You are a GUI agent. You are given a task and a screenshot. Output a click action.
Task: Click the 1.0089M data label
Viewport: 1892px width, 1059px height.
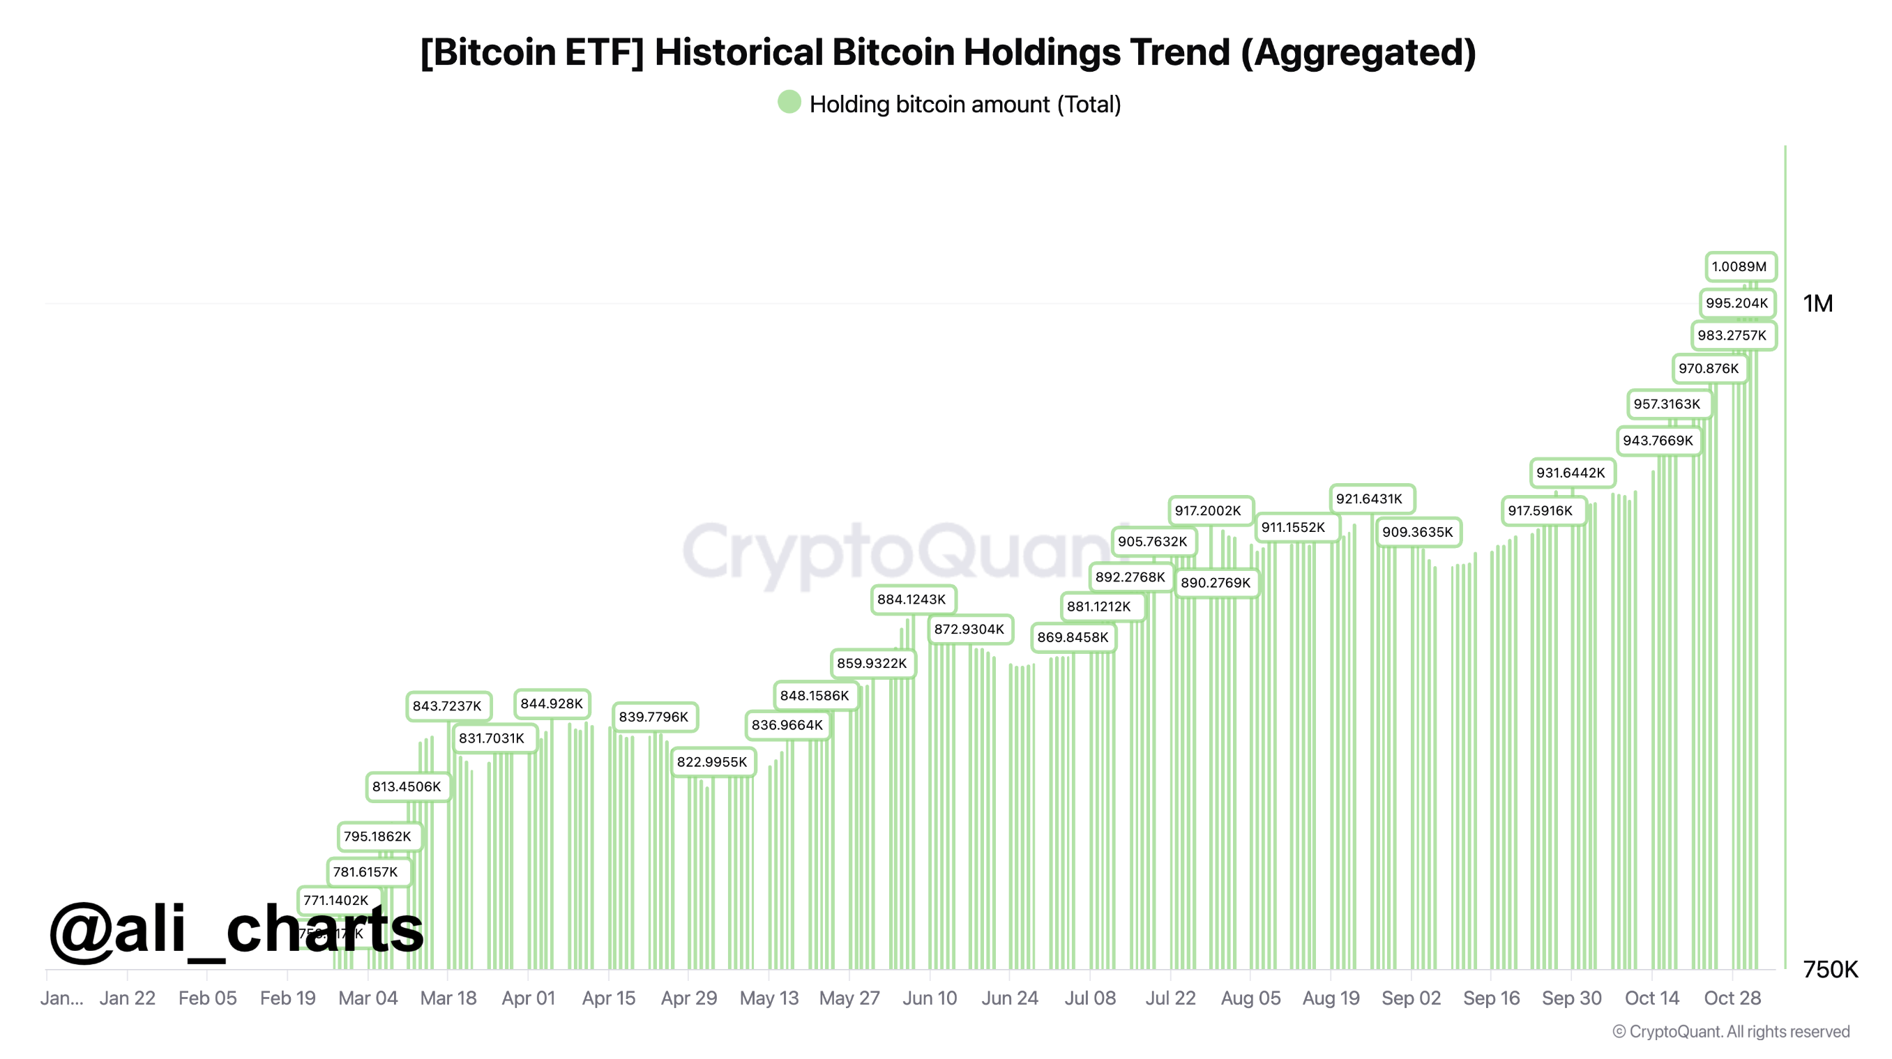(1739, 266)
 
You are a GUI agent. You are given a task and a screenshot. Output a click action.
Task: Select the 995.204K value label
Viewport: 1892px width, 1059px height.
(1736, 303)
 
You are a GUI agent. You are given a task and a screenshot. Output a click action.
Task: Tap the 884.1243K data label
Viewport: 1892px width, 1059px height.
(911, 600)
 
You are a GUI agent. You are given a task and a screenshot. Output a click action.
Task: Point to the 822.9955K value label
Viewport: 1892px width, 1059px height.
(712, 761)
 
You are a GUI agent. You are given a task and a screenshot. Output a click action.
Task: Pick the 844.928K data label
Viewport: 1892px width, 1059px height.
(552, 703)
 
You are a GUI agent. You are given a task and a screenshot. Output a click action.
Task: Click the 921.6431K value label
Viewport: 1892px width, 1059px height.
(1369, 498)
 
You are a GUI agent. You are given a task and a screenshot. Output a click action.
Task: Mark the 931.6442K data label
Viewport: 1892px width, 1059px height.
(1571, 473)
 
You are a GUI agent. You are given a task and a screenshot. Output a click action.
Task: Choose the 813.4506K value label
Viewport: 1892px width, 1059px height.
(407, 786)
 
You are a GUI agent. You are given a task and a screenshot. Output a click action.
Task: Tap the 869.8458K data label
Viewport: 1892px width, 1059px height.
(1073, 637)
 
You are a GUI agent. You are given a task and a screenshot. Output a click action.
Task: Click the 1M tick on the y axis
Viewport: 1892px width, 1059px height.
(1818, 303)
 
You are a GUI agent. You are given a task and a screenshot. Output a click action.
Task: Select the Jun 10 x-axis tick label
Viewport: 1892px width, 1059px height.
(929, 998)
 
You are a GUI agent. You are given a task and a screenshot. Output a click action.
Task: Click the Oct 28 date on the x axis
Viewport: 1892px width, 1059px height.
(1732, 998)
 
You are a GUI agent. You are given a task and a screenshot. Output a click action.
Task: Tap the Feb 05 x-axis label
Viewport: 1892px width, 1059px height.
(207, 998)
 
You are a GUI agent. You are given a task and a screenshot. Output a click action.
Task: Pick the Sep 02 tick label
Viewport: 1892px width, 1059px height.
(1411, 998)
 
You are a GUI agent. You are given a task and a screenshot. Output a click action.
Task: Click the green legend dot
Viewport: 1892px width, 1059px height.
(789, 102)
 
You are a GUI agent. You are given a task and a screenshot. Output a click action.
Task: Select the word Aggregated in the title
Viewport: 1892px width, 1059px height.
(1357, 52)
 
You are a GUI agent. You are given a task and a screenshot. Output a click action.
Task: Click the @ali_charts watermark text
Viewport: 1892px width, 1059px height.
(236, 930)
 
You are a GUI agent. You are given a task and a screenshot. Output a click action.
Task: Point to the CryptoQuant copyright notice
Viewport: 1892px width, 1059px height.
(1731, 1032)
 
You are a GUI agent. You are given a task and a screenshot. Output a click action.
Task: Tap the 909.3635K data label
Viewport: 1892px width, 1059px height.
(1418, 532)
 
